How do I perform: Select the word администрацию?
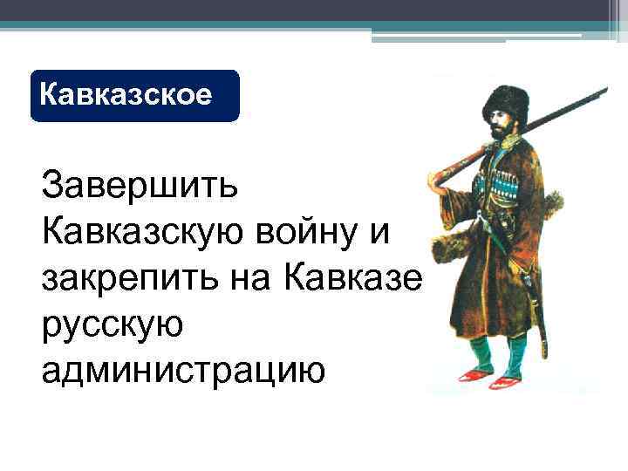point(182,369)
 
